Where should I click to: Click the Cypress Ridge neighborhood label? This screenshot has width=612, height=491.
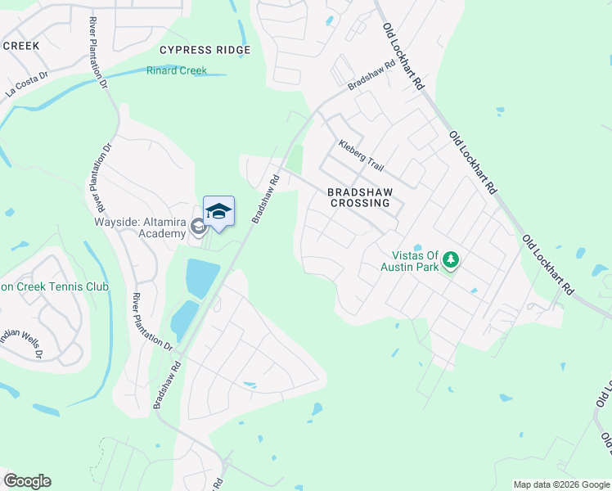[205, 50]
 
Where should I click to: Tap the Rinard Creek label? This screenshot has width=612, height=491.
[176, 71]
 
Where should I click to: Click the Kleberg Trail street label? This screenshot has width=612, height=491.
[361, 155]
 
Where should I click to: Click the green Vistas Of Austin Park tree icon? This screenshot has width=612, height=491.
[450, 261]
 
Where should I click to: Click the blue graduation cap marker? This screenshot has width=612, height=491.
[218, 212]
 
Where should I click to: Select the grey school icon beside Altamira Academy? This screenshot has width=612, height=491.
[198, 226]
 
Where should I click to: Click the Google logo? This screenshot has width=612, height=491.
[27, 481]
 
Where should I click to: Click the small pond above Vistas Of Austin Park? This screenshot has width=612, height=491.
[417, 247]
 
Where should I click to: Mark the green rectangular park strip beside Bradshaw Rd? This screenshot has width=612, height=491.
[295, 159]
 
